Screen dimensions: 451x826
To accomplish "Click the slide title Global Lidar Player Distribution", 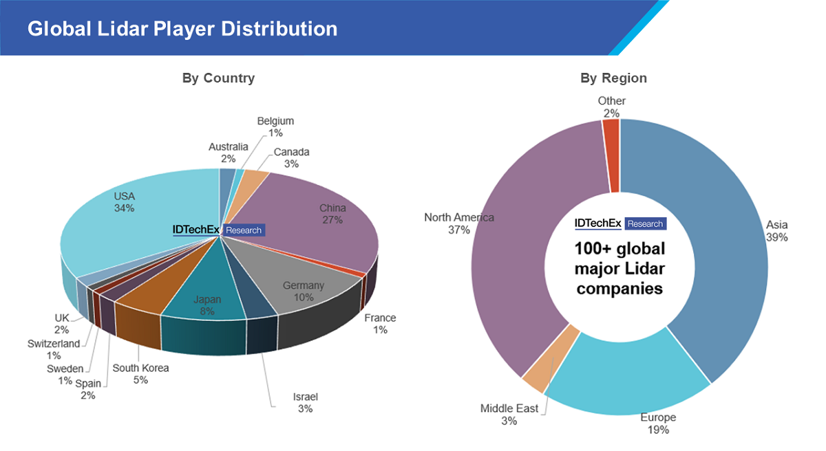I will coord(182,29).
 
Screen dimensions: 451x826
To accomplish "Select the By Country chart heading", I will coord(218,78).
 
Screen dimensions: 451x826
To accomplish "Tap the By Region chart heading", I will coord(613,78).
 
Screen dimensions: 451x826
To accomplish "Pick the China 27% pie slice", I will coord(324,220).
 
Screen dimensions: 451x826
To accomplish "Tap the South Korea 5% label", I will coord(140,373).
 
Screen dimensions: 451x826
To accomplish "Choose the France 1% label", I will coord(380,323).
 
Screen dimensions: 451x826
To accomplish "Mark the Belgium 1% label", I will coord(275,126).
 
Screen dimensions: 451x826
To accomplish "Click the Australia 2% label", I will coord(229,152).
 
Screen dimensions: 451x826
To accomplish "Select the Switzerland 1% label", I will coord(54,349).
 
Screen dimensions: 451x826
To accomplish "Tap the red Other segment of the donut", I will coord(611,155).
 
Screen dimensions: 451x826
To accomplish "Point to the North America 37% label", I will coord(459,223).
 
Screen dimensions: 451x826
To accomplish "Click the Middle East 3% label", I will coord(509,414).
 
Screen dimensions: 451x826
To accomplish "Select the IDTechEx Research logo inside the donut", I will coord(620,223).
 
